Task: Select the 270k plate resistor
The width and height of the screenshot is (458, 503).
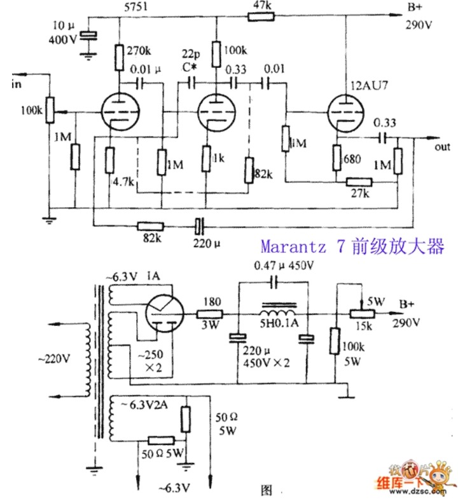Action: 119,57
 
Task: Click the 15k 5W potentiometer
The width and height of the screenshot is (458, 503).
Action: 362,314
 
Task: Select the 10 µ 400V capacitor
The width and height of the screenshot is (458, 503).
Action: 90,37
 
